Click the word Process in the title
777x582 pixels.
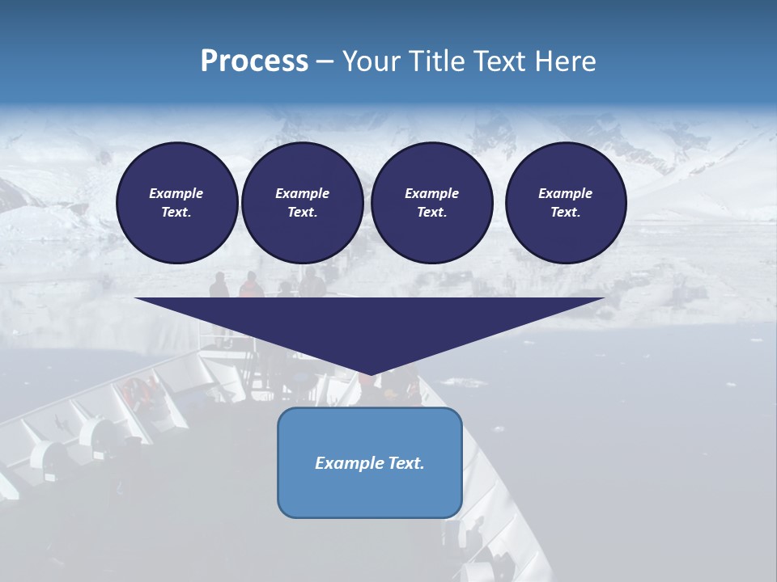click(x=254, y=61)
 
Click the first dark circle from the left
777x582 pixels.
click(x=176, y=202)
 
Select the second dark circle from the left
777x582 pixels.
click(x=302, y=202)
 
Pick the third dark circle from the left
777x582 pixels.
click(x=431, y=202)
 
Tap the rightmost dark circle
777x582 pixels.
click(x=565, y=202)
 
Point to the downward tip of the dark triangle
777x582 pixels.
click(x=370, y=373)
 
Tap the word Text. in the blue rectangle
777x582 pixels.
click(x=406, y=463)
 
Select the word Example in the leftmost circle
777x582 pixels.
click(x=176, y=193)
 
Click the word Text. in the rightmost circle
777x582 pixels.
click(x=565, y=212)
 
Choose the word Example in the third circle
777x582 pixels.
click(x=431, y=193)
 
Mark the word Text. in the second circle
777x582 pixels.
click(x=302, y=212)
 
